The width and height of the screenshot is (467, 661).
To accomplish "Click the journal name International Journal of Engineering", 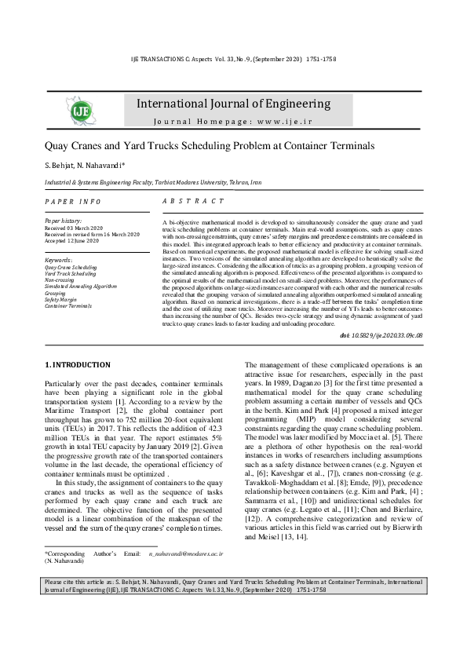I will (233, 104).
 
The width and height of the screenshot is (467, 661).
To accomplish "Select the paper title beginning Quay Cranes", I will (199, 146).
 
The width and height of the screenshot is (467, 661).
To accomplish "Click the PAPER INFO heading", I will (73, 202).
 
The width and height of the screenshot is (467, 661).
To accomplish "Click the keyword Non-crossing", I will (59, 279).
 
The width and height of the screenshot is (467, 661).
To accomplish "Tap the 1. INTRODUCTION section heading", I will (77, 365).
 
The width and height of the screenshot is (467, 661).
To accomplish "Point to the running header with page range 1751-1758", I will (232, 60).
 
